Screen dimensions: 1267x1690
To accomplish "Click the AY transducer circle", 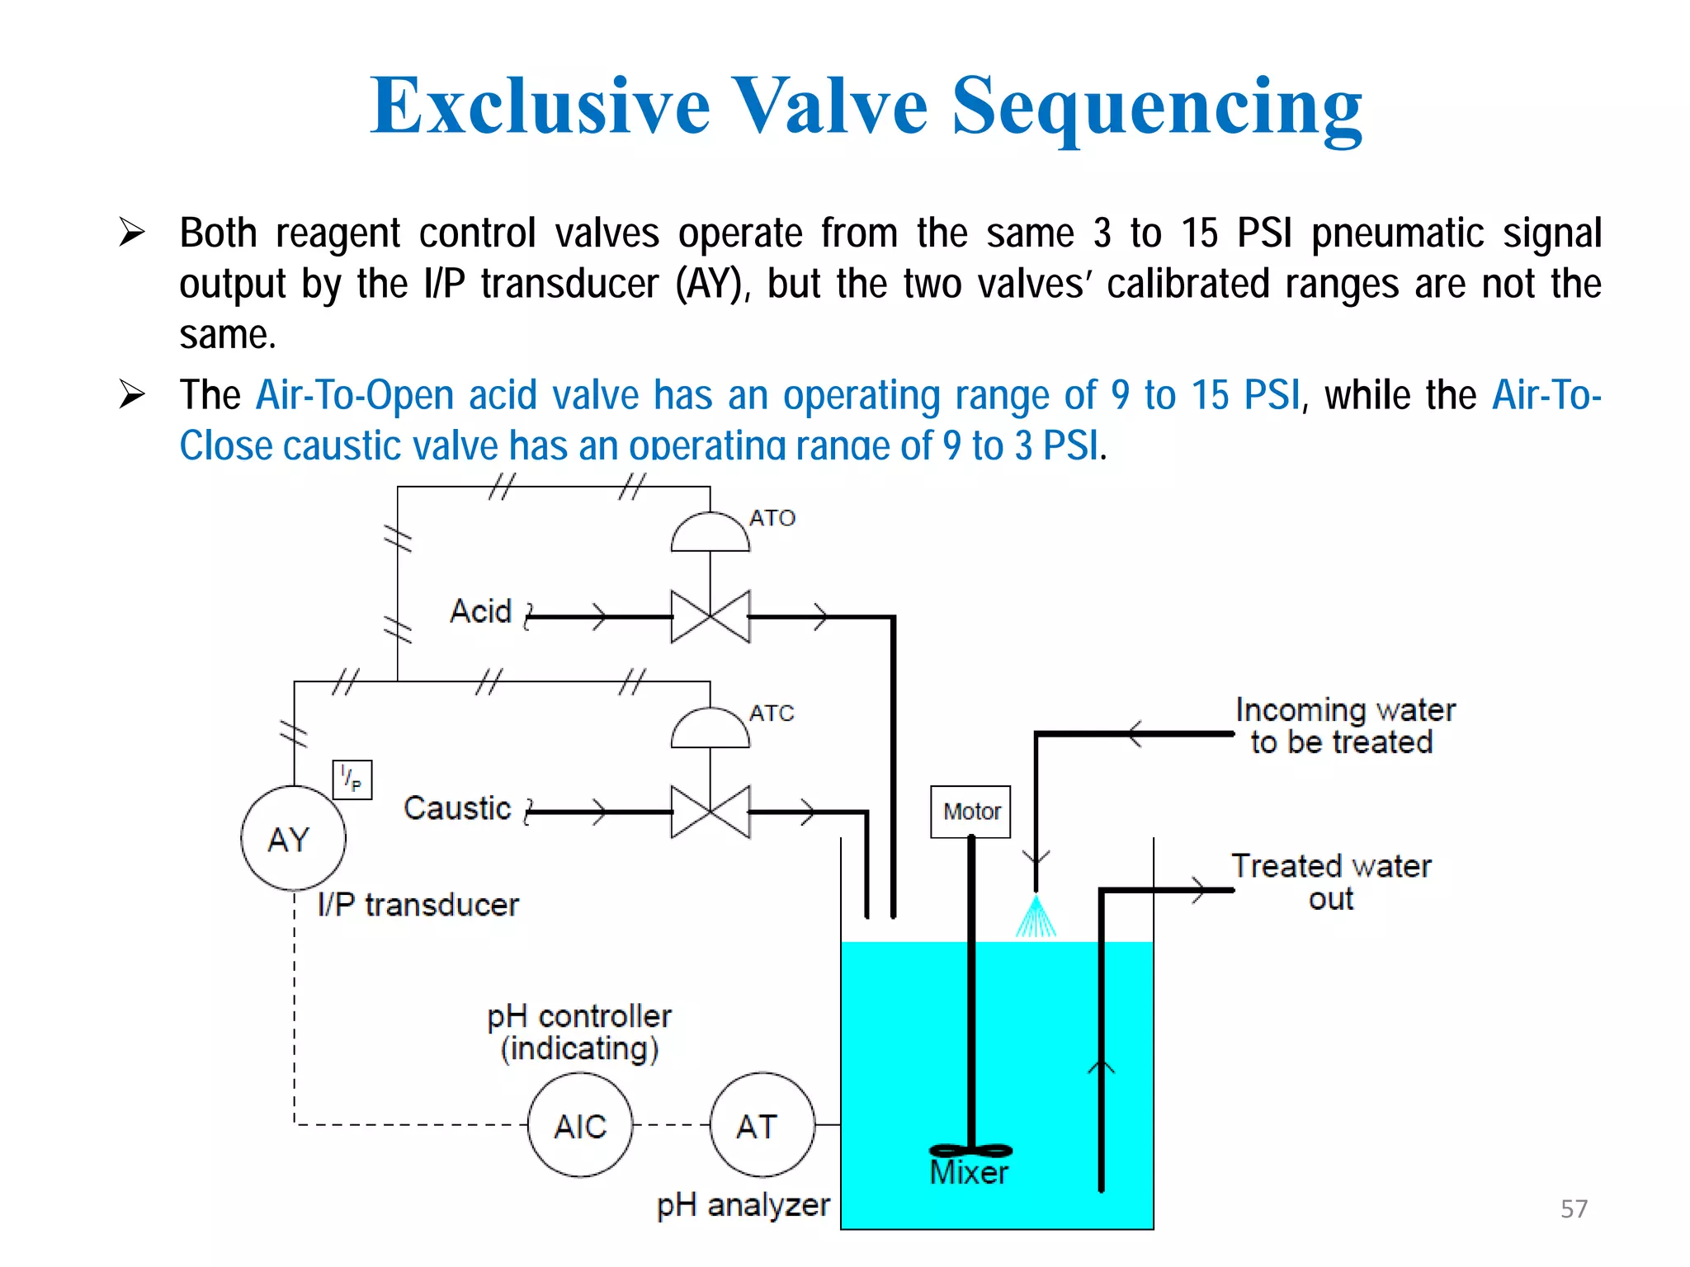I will pos(293,838).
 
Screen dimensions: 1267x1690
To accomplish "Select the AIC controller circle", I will pos(580,1125).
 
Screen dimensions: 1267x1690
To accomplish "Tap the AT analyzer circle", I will pos(762,1125).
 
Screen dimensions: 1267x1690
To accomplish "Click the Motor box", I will pos(970,812).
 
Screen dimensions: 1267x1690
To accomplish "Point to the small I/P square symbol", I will pos(352,780).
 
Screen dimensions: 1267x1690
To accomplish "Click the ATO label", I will pos(772,518).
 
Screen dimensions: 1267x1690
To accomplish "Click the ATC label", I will pos(772,713).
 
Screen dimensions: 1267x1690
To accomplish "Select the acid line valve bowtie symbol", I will pos(710,616).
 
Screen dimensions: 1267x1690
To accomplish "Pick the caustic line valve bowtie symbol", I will pos(710,812).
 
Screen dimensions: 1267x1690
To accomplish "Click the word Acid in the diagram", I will pos(481,611).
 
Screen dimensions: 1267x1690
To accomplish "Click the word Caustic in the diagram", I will pos(457,808).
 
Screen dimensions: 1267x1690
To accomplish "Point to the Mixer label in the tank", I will pos(969,1172).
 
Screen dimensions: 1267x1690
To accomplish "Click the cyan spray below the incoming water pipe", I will pos(1036,919).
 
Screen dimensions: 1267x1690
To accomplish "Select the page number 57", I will pos(1574,1208).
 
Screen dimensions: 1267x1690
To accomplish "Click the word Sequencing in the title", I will pos(1157,106).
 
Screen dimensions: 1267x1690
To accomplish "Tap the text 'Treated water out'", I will pos(1331,882).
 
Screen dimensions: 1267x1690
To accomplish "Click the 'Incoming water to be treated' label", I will pos(1345,726).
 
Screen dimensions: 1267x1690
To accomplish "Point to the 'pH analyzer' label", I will pos(743,1205).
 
